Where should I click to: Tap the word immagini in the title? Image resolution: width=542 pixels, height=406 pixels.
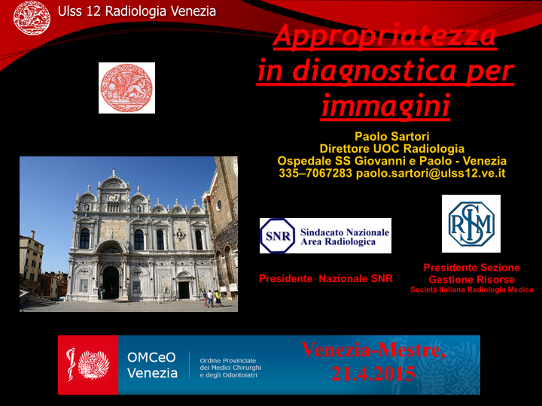click(385, 105)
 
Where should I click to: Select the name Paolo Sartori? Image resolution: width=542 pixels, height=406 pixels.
click(392, 136)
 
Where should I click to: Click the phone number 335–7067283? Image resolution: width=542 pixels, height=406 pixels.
click(315, 173)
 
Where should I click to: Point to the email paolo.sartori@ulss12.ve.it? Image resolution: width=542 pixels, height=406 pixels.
click(431, 174)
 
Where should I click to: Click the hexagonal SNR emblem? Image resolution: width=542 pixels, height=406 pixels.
click(278, 236)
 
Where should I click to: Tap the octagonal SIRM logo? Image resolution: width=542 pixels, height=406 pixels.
click(471, 224)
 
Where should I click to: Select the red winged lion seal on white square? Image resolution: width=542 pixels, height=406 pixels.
click(126, 88)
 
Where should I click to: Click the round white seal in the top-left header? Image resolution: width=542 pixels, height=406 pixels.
click(32, 17)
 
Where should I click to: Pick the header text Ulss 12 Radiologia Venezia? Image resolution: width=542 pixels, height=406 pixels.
click(137, 11)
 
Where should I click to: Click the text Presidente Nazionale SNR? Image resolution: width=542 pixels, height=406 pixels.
click(326, 279)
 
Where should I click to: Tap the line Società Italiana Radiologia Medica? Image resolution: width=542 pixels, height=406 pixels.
click(471, 290)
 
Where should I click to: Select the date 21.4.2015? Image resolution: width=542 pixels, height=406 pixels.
click(373, 374)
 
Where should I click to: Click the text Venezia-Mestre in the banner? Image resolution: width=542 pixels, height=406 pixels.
click(373, 350)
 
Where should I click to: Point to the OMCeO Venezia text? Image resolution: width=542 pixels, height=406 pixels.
click(152, 365)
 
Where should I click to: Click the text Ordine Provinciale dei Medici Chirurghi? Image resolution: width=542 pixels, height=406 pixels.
click(230, 364)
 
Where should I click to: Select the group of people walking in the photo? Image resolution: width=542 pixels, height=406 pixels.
click(212, 298)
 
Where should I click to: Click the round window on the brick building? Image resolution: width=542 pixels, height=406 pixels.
click(219, 205)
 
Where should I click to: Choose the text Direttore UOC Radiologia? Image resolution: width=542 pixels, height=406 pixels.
click(392, 149)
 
